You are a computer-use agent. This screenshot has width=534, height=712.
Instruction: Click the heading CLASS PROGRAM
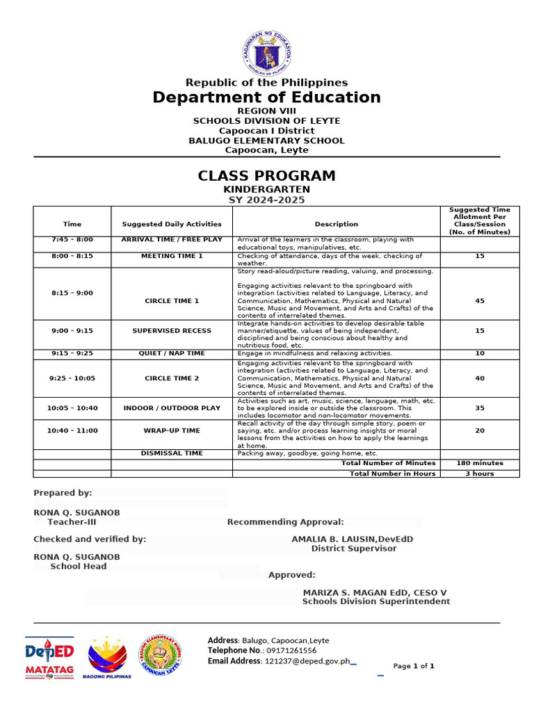click(267, 176)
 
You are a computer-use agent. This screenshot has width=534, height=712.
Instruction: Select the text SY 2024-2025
click(267, 200)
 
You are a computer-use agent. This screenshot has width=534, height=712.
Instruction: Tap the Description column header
click(337, 224)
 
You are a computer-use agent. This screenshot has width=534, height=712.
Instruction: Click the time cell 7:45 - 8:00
click(72, 240)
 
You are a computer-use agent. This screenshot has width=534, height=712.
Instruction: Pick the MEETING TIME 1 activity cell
click(172, 256)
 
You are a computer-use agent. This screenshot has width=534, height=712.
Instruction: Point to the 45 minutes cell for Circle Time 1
click(479, 301)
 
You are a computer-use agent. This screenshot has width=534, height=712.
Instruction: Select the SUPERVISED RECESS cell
click(172, 331)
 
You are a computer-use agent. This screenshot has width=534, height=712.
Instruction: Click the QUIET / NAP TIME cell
click(172, 353)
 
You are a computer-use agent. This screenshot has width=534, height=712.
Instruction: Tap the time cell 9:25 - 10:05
click(72, 378)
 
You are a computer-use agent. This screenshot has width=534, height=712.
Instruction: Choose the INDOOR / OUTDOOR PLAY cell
click(172, 408)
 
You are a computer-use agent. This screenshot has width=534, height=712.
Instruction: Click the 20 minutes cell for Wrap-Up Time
click(479, 430)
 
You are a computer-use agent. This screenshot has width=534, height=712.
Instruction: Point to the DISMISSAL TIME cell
click(172, 453)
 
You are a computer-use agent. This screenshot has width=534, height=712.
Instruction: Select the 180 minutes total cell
click(479, 463)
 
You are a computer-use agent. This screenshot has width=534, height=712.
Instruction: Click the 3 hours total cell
click(479, 474)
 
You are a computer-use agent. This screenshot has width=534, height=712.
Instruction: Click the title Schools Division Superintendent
click(375, 601)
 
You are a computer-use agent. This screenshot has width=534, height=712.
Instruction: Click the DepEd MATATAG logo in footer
click(49, 658)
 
